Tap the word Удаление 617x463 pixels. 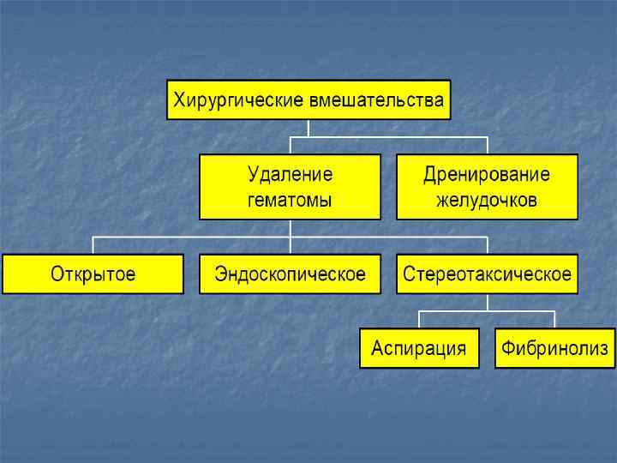290,175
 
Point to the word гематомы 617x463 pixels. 290,201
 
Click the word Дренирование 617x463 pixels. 487,175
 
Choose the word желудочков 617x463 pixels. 487,201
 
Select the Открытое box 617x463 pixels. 93,274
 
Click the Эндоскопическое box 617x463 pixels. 290,274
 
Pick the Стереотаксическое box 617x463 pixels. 487,274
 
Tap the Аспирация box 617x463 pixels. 418,348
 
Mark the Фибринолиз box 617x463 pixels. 555,348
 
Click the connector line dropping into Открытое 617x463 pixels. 93,245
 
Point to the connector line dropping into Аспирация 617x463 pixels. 418,319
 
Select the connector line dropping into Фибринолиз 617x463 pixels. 555,319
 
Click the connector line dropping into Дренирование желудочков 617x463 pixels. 487,145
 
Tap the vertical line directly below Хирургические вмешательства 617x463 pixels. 308,128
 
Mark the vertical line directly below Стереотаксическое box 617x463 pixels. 487,302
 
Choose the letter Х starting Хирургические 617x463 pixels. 180,100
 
